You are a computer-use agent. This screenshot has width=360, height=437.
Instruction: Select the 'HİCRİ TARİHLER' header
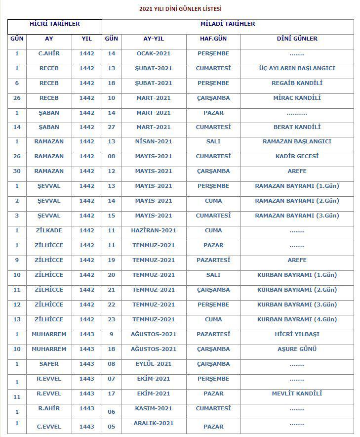pyautogui.click(x=55, y=24)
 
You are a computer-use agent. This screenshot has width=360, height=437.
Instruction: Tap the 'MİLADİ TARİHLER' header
pyautogui.click(x=228, y=24)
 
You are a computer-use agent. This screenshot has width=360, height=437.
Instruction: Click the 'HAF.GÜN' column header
pyautogui.click(x=213, y=39)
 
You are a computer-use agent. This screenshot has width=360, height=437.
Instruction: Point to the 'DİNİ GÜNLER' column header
pyautogui.click(x=297, y=39)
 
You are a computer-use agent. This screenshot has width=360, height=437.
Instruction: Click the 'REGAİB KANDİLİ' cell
pyautogui.click(x=297, y=83)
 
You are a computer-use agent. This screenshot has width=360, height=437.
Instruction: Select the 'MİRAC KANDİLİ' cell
pyautogui.click(x=297, y=98)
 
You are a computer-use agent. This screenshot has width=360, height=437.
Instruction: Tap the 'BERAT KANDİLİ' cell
pyautogui.click(x=297, y=127)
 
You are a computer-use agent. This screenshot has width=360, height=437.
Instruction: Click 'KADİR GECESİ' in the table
pyautogui.click(x=297, y=156)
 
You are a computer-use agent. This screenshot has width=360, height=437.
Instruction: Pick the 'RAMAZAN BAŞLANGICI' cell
pyautogui.click(x=297, y=141)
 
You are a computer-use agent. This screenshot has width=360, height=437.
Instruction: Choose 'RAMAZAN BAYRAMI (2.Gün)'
pyautogui.click(x=297, y=201)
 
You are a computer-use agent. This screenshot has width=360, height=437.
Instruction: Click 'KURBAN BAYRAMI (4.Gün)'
pyautogui.click(x=297, y=319)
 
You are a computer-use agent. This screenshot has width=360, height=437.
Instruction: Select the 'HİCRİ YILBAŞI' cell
pyautogui.click(x=297, y=334)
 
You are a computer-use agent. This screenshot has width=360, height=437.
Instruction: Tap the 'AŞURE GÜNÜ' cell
pyautogui.click(x=297, y=349)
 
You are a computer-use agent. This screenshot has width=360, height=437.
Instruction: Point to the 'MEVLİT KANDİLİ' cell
pyautogui.click(x=297, y=393)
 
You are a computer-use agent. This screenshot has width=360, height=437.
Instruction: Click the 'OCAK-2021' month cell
pyautogui.click(x=154, y=53)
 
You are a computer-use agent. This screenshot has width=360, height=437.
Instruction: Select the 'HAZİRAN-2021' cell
pyautogui.click(x=154, y=230)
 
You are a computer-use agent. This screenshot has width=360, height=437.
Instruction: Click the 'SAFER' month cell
pyautogui.click(x=49, y=364)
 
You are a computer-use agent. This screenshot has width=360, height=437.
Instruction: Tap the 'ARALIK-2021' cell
pyautogui.click(x=154, y=423)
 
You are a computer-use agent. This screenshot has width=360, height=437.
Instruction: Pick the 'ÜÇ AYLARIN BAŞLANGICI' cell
pyautogui.click(x=297, y=68)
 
